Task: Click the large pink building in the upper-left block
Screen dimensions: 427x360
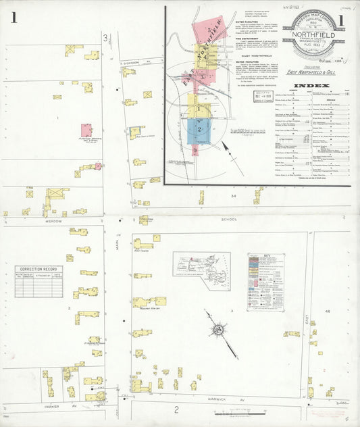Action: pyautogui.click(x=87, y=130)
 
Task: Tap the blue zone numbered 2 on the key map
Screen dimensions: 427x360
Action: pyautogui.click(x=200, y=128)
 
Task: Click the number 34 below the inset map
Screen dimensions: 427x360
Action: pyautogui.click(x=234, y=196)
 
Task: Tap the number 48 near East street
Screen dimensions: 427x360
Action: pyautogui.click(x=328, y=311)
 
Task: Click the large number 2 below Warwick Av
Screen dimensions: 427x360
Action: pyautogui.click(x=176, y=409)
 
